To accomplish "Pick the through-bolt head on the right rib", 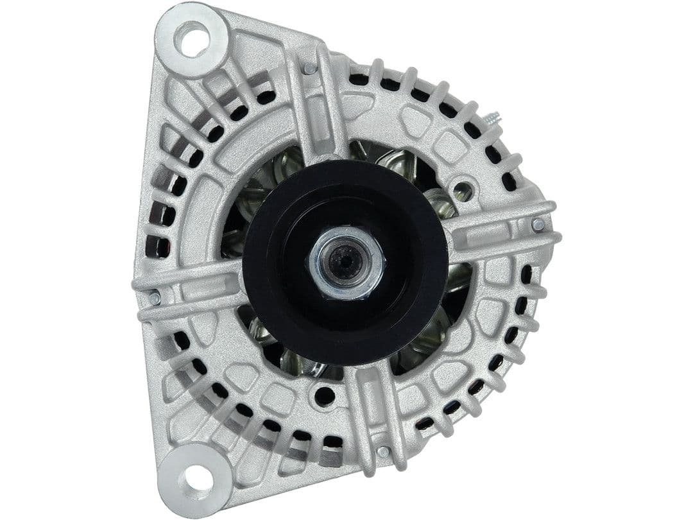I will (x=538, y=225).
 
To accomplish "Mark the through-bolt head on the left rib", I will (x=154, y=298).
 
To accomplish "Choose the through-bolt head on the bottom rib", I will (x=383, y=451).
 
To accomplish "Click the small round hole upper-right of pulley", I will (x=463, y=190).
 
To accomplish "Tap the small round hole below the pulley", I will (x=325, y=396).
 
